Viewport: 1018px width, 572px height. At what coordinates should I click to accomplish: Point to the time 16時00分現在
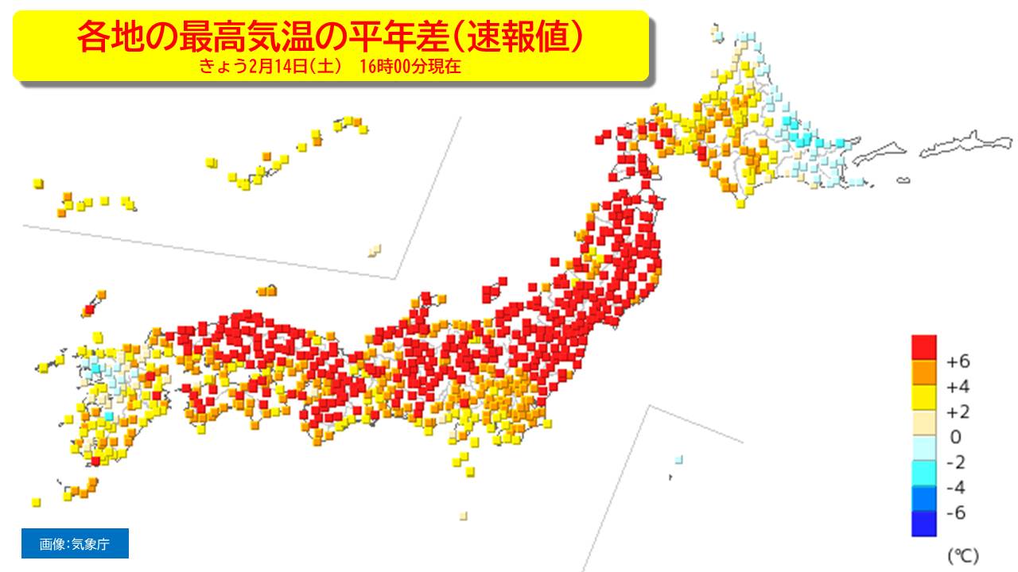point(410,68)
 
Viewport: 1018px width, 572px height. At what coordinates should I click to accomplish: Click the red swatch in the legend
point(923,348)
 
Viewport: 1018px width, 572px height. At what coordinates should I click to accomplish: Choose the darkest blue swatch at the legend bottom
point(923,524)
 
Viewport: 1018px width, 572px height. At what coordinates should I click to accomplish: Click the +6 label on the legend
point(958,361)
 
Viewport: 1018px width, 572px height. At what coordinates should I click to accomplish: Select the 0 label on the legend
point(956,437)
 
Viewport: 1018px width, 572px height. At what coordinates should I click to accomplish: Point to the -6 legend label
point(957,512)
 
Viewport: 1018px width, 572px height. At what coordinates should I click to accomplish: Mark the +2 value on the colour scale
point(958,412)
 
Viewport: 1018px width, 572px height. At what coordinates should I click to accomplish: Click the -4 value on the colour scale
point(957,487)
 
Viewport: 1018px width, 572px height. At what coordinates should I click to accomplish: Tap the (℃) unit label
point(962,554)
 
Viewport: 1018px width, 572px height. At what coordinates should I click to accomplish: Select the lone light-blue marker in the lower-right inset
point(678,459)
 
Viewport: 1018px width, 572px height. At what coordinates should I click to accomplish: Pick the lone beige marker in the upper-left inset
point(374,250)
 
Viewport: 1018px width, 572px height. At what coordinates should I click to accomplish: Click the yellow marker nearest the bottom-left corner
point(36,502)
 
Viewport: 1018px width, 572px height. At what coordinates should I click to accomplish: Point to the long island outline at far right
point(966,145)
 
